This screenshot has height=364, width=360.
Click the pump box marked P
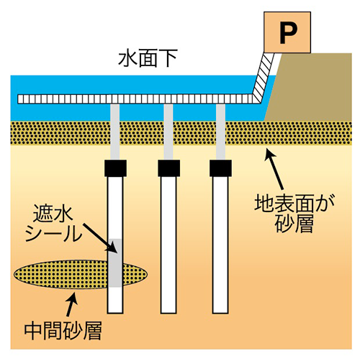pyautogui.click(x=287, y=32)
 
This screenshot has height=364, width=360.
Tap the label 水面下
pyautogui.click(x=148, y=58)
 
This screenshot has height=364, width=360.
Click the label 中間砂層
pyautogui.click(x=63, y=331)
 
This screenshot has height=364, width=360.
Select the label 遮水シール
pyautogui.click(x=54, y=223)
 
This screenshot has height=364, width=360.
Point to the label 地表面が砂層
pyautogui.click(x=294, y=214)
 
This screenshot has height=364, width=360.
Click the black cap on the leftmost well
pyautogui.click(x=115, y=168)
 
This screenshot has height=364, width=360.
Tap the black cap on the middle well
pyautogui.click(x=168, y=168)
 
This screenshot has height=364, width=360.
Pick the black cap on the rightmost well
pyautogui.click(x=220, y=168)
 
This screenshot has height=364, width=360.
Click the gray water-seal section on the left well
pyautogui.click(x=115, y=263)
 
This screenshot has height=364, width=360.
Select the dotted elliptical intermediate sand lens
pyautogui.click(x=81, y=274)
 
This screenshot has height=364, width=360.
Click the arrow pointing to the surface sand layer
pyautogui.click(x=275, y=169)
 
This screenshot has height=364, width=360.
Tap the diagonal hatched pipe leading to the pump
pyautogui.click(x=264, y=78)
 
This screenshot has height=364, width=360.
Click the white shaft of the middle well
pyautogui.click(x=168, y=245)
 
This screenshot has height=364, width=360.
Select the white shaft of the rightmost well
pyautogui.click(x=220, y=245)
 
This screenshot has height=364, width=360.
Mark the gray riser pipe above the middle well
pyautogui.click(x=168, y=132)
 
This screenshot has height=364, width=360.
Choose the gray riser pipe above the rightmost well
pyautogui.click(x=220, y=132)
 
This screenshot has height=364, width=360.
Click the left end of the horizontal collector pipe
pyautogui.click(x=18, y=99)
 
